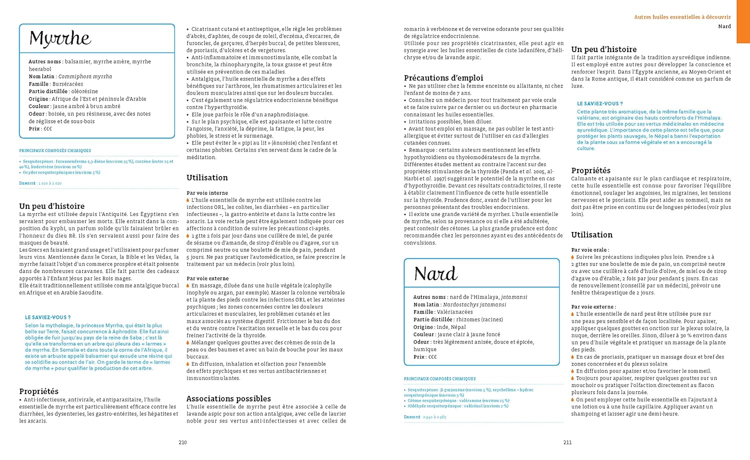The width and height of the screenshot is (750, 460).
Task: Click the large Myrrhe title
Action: coord(60,38)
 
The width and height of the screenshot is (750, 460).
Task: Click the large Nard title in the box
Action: coord(435,273)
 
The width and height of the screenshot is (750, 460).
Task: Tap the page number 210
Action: coord(182,442)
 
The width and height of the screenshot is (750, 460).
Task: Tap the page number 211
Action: coord(567,442)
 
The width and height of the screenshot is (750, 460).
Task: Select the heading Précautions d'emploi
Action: coord(443,78)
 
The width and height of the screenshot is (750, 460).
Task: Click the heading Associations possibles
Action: coord(228,398)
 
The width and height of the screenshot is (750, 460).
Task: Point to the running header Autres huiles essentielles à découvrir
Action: coord(682,17)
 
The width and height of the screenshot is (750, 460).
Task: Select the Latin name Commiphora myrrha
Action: coord(85,76)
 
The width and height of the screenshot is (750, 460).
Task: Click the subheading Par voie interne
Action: coord(207,193)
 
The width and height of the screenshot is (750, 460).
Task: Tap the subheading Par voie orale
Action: coord(590,250)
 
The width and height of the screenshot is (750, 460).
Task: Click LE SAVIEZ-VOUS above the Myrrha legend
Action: coord(48,317)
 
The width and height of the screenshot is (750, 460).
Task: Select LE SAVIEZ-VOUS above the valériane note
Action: coord(600,104)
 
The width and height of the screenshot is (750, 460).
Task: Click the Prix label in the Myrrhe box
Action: coord(34,129)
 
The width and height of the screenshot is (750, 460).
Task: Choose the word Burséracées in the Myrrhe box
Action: coord(67,84)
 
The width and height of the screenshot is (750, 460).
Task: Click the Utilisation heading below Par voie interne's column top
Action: coord(207,177)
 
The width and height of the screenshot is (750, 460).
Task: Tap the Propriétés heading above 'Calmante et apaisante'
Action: coord(590,170)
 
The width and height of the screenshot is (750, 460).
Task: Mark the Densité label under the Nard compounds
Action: coord(412,417)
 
